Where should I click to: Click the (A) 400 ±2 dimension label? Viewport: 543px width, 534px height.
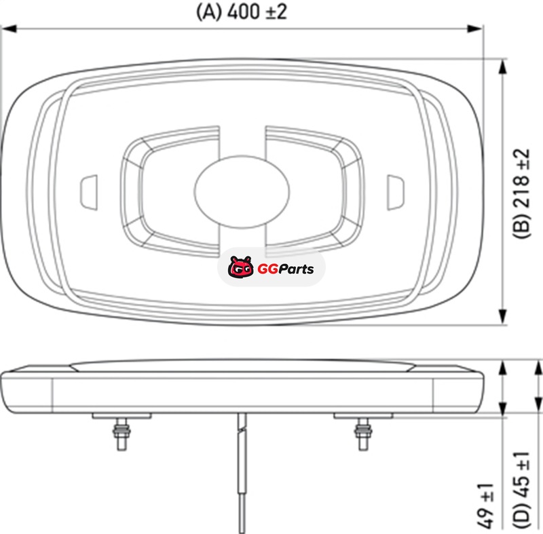(242, 12)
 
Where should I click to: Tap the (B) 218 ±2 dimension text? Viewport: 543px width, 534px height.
(521, 194)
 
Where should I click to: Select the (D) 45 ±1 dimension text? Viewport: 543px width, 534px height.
(521, 490)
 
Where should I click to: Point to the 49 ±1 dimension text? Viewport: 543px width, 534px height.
(486, 506)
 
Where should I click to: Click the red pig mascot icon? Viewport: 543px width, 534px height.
(240, 267)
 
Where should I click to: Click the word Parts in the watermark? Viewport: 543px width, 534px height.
(296, 269)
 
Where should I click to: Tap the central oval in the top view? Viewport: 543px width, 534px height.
(242, 191)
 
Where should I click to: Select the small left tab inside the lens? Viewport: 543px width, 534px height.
(89, 192)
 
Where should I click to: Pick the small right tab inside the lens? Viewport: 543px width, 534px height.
(395, 192)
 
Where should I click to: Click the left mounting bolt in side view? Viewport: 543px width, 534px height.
(121, 434)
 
